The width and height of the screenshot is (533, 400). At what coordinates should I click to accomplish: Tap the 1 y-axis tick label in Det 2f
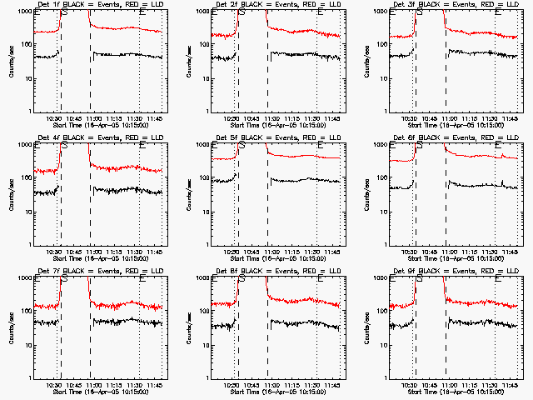tap(207, 112)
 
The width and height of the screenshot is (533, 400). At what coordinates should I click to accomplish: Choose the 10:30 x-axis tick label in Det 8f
tap(232, 385)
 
